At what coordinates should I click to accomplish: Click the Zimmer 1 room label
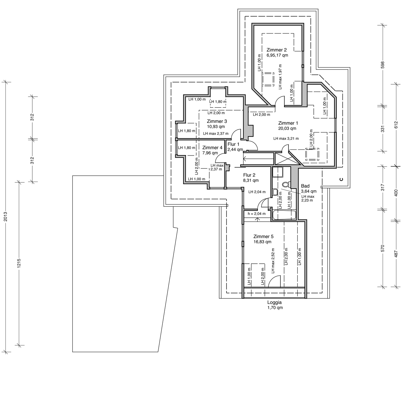288,123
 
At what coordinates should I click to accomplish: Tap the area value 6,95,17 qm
277,56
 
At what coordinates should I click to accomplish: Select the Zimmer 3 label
217,121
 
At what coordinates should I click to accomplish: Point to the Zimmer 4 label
212,147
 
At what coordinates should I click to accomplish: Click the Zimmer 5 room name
263,237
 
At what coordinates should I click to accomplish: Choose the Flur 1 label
233,144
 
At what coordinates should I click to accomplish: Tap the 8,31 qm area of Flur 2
251,181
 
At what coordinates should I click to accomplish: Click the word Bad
305,186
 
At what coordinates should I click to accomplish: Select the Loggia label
274,303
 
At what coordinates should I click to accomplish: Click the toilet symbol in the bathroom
286,185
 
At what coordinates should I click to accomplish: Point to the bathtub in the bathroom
284,215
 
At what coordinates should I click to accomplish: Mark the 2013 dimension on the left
6,216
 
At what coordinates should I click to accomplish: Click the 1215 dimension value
19,263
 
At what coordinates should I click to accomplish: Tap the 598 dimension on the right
383,65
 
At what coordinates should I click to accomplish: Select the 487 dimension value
396,253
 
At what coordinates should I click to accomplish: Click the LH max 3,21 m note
286,139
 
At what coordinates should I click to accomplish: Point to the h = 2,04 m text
257,214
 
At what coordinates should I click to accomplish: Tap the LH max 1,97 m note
280,77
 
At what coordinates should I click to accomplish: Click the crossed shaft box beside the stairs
286,159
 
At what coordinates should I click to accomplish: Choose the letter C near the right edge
341,179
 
